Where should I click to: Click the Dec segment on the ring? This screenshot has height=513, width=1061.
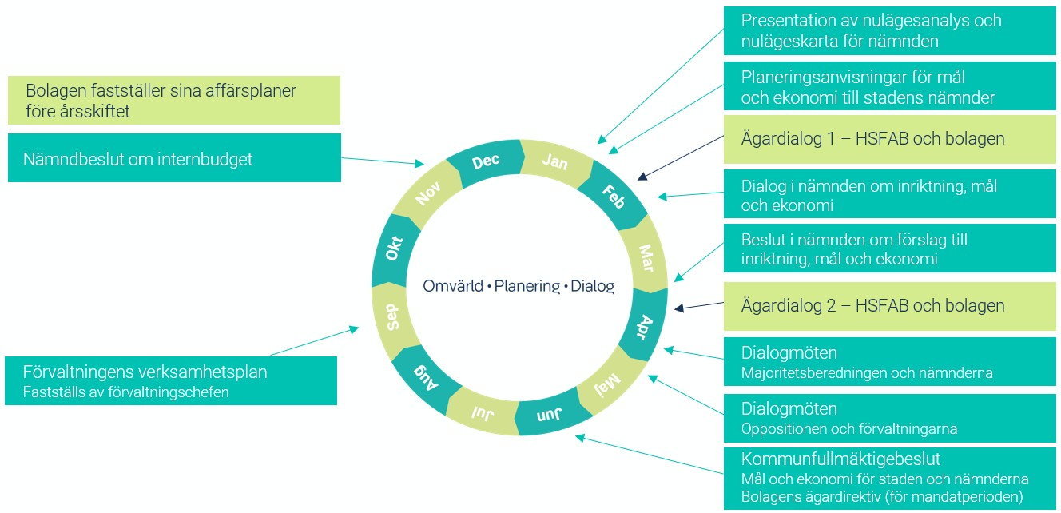click(486, 162)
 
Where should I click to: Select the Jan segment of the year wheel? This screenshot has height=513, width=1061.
click(555, 162)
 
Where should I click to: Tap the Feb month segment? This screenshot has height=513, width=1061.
click(614, 196)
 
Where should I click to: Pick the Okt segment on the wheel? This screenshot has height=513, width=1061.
click(394, 249)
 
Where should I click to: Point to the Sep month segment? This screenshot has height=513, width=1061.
click(394, 318)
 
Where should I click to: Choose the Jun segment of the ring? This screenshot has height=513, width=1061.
click(550, 414)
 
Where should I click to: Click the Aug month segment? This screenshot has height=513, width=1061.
click(425, 377)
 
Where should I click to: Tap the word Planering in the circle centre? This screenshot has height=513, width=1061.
click(527, 286)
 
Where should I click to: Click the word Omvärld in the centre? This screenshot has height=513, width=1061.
click(453, 285)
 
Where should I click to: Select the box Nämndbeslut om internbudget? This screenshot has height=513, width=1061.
click(174, 157)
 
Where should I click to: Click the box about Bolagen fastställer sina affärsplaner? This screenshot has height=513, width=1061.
click(174, 100)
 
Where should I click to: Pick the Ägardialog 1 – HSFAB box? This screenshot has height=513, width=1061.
click(889, 139)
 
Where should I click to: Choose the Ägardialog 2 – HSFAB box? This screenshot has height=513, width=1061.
click(889, 306)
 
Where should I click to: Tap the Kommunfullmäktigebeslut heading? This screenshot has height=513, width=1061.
click(840, 459)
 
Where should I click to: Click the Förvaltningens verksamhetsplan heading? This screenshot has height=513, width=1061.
click(145, 372)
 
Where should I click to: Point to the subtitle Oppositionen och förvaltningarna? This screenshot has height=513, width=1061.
click(849, 429)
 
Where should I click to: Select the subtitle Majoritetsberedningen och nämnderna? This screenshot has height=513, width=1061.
click(867, 373)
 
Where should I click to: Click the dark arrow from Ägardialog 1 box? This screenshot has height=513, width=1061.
click(680, 157)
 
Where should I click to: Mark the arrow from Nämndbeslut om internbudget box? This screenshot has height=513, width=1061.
click(383, 161)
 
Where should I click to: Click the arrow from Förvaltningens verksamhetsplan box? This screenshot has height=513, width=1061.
click(315, 340)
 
